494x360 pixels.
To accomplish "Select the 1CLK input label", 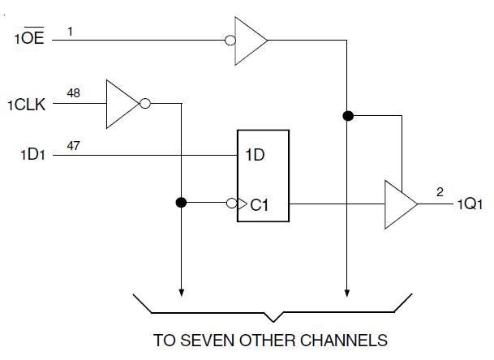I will (x=29, y=105).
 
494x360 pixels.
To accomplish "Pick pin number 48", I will (x=73, y=93).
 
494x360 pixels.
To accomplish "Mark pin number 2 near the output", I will (x=440, y=192).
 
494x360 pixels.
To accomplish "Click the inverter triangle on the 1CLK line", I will (x=122, y=104).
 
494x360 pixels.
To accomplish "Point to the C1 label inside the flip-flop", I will (x=260, y=205).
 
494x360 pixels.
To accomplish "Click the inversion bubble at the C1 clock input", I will (x=232, y=203).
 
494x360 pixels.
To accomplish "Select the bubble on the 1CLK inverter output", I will (x=145, y=104).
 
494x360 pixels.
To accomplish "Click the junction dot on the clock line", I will (x=181, y=203).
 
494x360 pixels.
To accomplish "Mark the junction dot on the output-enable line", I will (x=348, y=116).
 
